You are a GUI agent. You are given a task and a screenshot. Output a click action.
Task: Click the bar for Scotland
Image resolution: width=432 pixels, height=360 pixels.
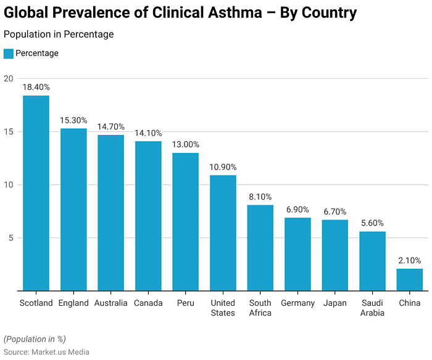tap(36, 193)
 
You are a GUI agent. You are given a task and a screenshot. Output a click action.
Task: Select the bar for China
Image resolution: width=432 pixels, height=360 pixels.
tap(409, 279)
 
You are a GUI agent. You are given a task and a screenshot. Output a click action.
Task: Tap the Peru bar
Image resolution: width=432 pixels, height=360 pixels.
tap(185, 221)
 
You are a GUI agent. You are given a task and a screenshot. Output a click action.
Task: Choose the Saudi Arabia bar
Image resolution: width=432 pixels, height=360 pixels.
tap(372, 261)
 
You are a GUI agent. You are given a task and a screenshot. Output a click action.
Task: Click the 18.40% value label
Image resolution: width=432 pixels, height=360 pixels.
tap(36, 88)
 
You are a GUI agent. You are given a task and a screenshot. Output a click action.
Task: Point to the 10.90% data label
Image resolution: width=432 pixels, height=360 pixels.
tap(223, 167)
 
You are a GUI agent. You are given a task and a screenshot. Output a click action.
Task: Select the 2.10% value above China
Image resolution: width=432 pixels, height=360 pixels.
tap(409, 261)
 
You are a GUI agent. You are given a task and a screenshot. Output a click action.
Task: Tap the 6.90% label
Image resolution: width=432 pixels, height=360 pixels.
tap(297, 210)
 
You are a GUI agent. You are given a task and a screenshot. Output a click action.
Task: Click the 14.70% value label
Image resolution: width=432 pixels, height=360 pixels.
tap(110, 126)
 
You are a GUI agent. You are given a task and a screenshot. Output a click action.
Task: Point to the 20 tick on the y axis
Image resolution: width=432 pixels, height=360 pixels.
tap(8, 79)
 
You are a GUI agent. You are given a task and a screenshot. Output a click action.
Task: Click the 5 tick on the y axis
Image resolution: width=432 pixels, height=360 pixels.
tap(10, 238)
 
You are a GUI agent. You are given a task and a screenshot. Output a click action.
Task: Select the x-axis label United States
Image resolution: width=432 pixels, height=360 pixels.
tap(223, 308)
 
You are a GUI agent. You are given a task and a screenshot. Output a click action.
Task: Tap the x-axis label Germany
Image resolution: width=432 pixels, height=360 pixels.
tap(297, 303)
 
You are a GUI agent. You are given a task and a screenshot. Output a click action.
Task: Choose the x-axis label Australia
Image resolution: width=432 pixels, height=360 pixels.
tap(110, 303)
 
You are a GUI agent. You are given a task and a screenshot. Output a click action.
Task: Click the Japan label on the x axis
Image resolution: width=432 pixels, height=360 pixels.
tap(334, 303)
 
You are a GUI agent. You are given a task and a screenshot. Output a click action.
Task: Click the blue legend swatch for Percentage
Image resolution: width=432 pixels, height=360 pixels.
tap(8, 54)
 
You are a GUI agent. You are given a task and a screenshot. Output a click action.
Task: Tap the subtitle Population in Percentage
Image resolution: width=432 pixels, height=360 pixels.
tap(59, 35)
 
